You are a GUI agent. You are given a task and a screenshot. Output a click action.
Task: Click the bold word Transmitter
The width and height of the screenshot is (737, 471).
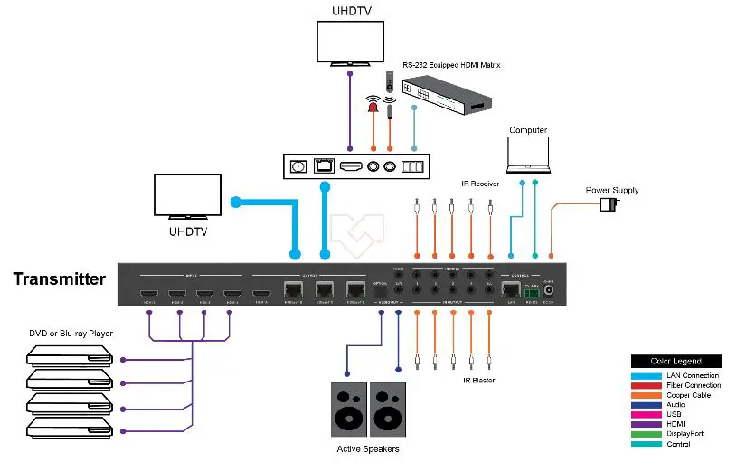[x=60, y=279]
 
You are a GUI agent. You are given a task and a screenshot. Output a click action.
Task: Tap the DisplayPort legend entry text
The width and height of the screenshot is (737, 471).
[x=693, y=433]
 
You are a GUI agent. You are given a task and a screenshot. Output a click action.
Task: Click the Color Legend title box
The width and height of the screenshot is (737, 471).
[x=676, y=361]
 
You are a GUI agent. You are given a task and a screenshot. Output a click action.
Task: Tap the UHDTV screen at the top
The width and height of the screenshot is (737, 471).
[x=350, y=42]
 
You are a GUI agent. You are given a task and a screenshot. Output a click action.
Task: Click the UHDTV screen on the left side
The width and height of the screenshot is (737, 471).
[x=189, y=197]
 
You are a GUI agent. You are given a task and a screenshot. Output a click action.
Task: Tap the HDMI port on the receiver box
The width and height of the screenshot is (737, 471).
[x=350, y=166]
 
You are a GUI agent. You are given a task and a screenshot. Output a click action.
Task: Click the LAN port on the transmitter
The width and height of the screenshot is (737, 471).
[x=512, y=290]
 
